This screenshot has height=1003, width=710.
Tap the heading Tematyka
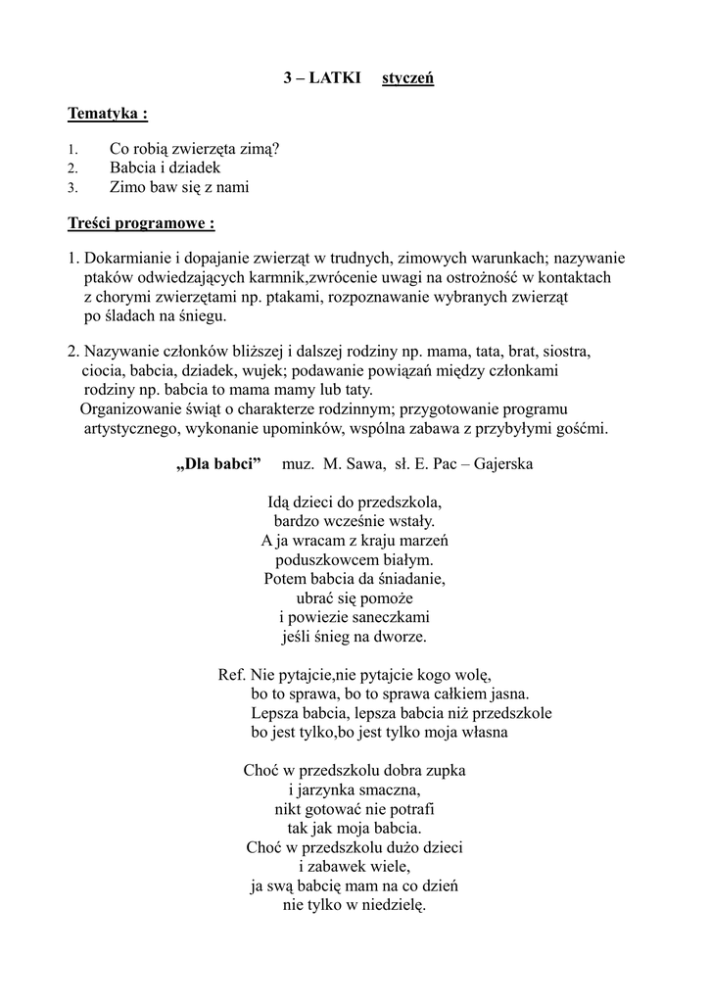click(108, 114)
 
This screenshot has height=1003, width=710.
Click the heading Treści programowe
click(141, 223)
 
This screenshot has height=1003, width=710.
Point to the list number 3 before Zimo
click(71, 188)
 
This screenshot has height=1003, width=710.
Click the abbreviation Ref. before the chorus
click(230, 675)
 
